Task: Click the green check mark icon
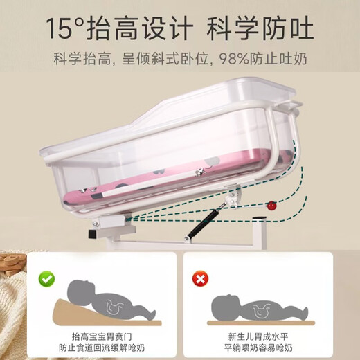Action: [x=46, y=280]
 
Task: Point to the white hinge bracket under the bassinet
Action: [x=111, y=221]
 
